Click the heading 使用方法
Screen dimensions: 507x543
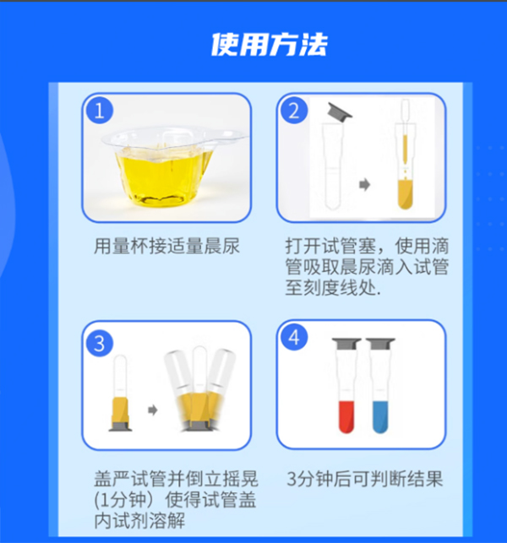coord(270,45)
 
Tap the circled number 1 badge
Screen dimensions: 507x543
coord(100,111)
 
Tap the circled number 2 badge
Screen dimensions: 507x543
coord(294,111)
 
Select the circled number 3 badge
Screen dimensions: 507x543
coord(100,344)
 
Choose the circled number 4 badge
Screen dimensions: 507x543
coord(294,337)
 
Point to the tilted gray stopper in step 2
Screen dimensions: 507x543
coord(340,111)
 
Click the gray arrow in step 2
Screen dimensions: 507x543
coord(364,184)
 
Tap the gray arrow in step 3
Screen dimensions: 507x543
coord(152,410)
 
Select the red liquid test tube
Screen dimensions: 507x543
coord(346,386)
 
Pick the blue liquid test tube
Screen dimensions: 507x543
coord(380,386)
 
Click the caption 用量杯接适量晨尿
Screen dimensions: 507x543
coord(166,247)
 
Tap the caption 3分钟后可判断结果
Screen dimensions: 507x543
coord(365,480)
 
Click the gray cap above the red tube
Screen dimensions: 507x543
coord(346,344)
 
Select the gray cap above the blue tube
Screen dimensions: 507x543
coord(380,344)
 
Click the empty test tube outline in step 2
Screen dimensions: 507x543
coord(332,166)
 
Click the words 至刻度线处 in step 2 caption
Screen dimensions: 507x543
coord(332,287)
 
